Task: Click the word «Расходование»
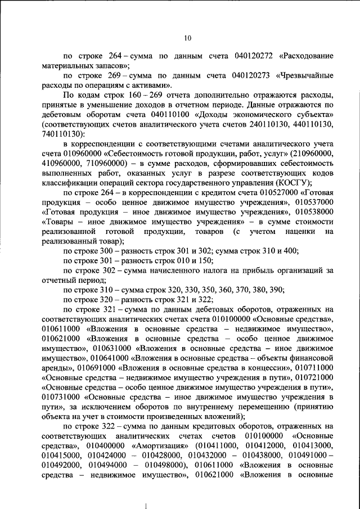point(309,57)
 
